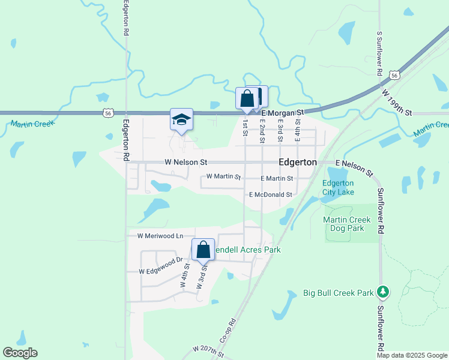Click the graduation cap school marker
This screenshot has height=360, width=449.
[181, 119]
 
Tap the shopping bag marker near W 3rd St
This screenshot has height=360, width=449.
[203, 250]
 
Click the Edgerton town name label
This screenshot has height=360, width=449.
[298, 163]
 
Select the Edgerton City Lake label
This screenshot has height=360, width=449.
[338, 187]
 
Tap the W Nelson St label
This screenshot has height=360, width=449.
[186, 163]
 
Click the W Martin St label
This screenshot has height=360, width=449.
[223, 177]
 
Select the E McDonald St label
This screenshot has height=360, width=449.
[270, 195]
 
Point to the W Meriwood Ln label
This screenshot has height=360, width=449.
[160, 236]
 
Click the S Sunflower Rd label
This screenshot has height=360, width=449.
[380, 53]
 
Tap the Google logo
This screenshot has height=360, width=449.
[20, 353]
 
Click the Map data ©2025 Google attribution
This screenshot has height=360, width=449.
[412, 355]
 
